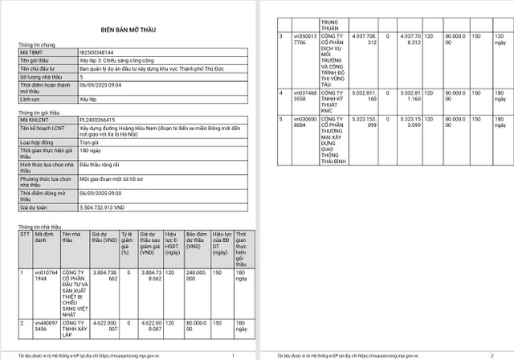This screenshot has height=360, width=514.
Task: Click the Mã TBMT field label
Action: pos(32,51)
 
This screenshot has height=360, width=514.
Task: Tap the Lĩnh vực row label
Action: pos(30,99)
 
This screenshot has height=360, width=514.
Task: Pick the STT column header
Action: pos(24,234)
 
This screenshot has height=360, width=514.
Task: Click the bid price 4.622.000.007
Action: pos(106,325)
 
